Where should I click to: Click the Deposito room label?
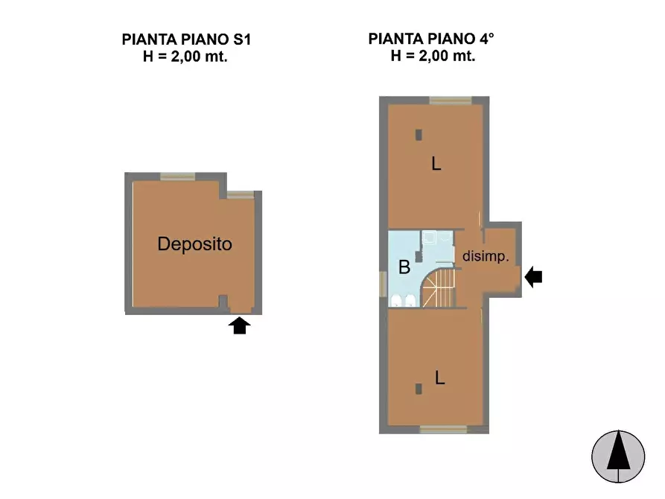tap(194, 244)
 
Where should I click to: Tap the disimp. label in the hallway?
tap(486, 256)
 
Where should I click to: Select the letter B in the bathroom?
tap(404, 267)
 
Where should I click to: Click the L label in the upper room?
tap(436, 165)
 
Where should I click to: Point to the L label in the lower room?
tap(439, 378)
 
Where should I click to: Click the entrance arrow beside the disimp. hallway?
tap(534, 278)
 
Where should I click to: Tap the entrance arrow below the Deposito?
tap(238, 325)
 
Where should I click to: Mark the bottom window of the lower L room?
tap(443, 429)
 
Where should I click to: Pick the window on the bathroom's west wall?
tap(384, 283)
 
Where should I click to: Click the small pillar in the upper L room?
tap(419, 135)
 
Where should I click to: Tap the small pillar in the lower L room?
tap(419, 388)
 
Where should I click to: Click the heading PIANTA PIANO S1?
tap(186, 39)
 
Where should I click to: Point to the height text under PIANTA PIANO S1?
tap(185, 56)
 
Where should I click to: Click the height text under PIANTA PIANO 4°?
tap(433, 56)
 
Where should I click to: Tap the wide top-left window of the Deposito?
tap(177, 177)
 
